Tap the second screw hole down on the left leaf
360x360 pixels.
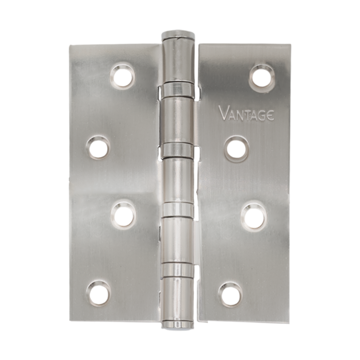click(98, 147)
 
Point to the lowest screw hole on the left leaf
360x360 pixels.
click(100, 293)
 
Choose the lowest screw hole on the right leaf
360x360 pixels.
click(231, 295)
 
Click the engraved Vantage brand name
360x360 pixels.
click(247, 113)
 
